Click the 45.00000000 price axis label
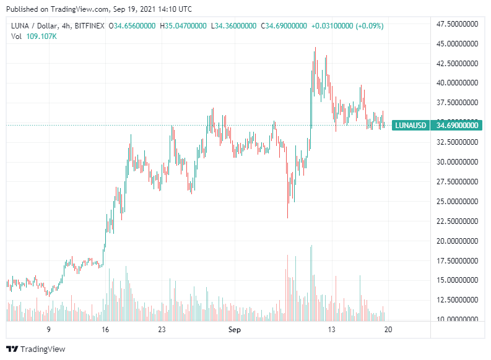458,44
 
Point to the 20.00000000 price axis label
458,241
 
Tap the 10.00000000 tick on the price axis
458,319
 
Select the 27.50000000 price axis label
458,182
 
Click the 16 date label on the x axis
105,330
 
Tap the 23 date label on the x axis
162,330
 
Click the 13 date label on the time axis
332,330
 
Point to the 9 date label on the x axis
48,330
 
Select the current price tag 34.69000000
458,126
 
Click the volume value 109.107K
42,36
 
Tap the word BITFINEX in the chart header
89,26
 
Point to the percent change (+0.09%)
369,26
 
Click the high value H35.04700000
184,26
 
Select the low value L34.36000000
235,26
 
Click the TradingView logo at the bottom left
35,349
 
